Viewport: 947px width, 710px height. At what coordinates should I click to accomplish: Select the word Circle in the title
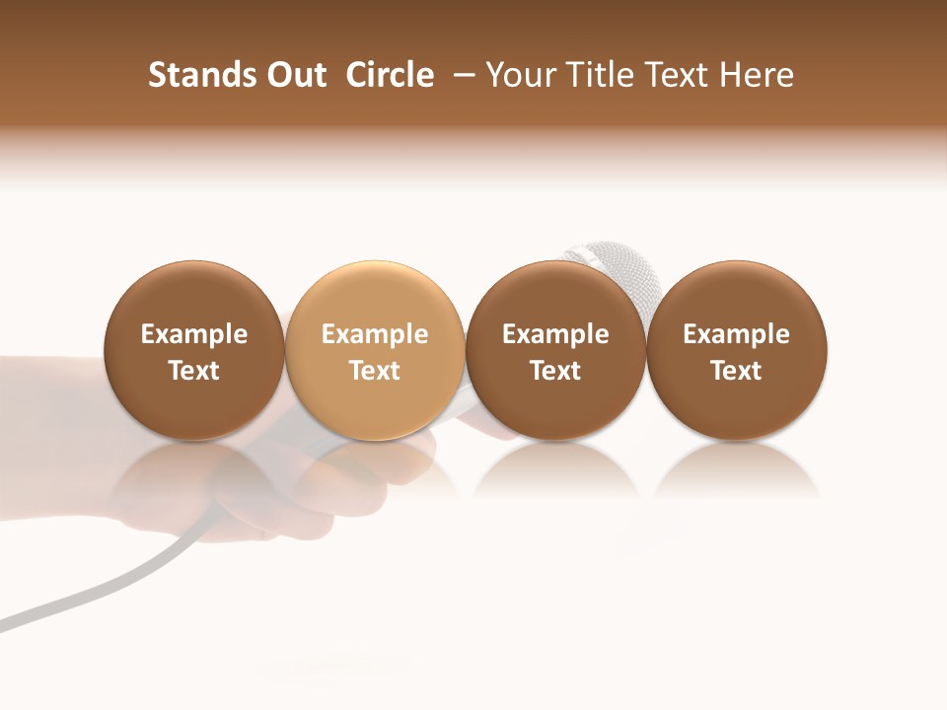[x=390, y=75]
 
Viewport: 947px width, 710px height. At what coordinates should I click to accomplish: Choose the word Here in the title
[x=759, y=75]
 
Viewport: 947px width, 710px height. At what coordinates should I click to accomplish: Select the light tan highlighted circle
[x=374, y=350]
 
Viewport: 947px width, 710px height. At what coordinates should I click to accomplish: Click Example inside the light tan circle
[x=375, y=334]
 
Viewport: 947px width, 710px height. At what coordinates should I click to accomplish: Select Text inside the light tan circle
[x=375, y=371]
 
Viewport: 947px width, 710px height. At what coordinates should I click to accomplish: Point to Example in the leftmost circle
[x=194, y=334]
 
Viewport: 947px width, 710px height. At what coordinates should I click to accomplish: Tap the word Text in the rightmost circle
[x=736, y=371]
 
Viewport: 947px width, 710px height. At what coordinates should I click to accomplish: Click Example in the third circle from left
[x=555, y=334]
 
